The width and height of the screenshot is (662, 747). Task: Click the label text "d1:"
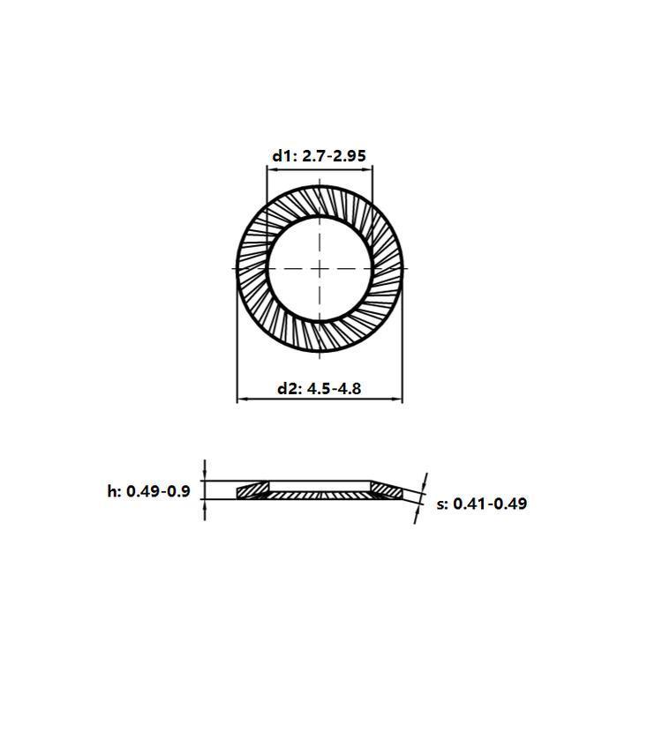click(285, 156)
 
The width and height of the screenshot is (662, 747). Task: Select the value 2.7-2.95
click(334, 156)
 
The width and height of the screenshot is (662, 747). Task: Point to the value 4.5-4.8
click(334, 389)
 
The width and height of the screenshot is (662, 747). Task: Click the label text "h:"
click(115, 491)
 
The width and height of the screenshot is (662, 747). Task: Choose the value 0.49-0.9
click(158, 491)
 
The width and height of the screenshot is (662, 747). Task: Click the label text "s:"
click(442, 504)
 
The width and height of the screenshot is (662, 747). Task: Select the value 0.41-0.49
click(490, 504)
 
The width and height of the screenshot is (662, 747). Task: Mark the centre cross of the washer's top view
click(320, 269)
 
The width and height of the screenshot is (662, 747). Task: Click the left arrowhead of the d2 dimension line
click(242, 399)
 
